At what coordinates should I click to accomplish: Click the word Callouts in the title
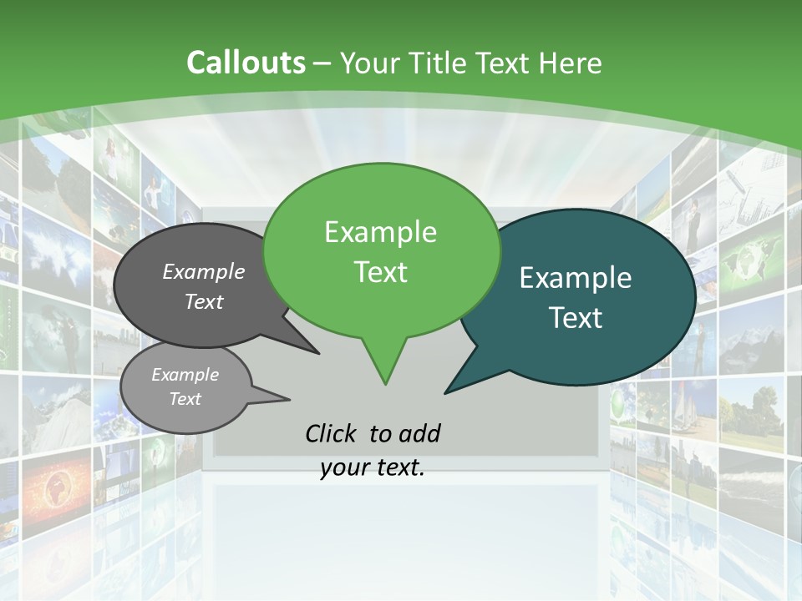coord(246,63)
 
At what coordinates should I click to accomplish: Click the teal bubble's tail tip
coord(446,392)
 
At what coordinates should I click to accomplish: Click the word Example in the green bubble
coord(380,232)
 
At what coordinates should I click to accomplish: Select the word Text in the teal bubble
coord(576,318)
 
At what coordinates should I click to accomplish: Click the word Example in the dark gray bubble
coord(203,272)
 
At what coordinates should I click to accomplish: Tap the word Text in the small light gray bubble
coord(185,399)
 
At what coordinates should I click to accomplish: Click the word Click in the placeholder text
coord(332,433)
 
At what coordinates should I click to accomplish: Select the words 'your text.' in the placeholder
coord(373,467)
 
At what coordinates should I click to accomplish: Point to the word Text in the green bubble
coord(381,272)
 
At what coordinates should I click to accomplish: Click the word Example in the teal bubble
coord(576,278)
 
